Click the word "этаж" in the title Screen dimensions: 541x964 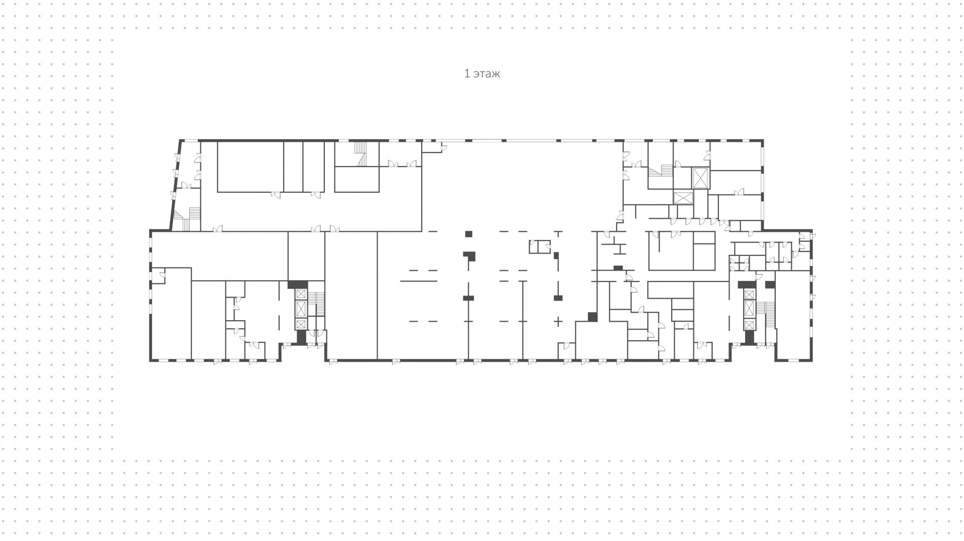click(x=487, y=74)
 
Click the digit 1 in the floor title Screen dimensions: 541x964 click(x=467, y=74)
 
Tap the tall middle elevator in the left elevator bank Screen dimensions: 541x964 click(x=301, y=308)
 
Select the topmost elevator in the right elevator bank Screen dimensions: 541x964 click(x=749, y=294)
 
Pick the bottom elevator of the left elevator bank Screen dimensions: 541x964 click(x=301, y=324)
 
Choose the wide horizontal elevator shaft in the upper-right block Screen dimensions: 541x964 click(x=683, y=197)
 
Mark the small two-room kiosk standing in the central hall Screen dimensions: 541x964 click(x=540, y=246)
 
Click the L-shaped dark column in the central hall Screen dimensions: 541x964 click(x=469, y=255)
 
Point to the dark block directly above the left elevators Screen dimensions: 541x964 click(x=297, y=284)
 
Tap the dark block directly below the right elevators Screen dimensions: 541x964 click(x=749, y=338)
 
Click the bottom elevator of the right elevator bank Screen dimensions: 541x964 click(x=749, y=325)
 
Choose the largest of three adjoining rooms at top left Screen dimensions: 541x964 click(x=250, y=167)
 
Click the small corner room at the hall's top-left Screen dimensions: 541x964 click(x=431, y=147)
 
